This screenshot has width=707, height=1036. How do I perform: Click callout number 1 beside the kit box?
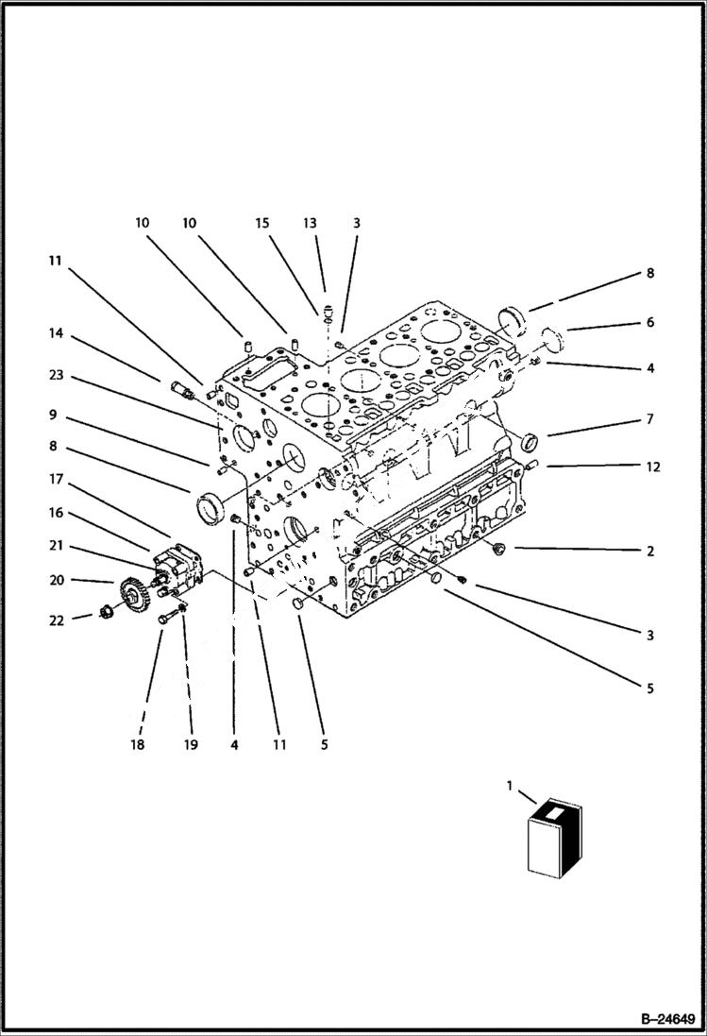click(511, 785)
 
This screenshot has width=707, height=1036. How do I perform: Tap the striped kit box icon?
click(554, 837)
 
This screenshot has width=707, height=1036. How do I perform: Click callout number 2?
click(649, 551)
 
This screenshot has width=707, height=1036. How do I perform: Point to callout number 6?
click(649, 322)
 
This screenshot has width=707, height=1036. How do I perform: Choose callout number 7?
click(649, 418)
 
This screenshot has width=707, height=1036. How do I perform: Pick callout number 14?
click(56, 332)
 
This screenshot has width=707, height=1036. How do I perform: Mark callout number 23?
click(56, 375)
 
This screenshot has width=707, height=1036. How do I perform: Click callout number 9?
click(56, 414)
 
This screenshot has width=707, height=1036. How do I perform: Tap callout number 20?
click(56, 581)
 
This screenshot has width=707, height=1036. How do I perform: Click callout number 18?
click(140, 745)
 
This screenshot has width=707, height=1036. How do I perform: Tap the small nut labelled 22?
click(106, 617)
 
